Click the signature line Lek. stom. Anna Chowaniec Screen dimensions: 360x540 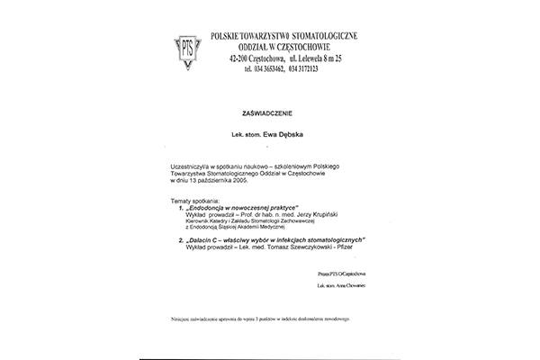tap(343, 285)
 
